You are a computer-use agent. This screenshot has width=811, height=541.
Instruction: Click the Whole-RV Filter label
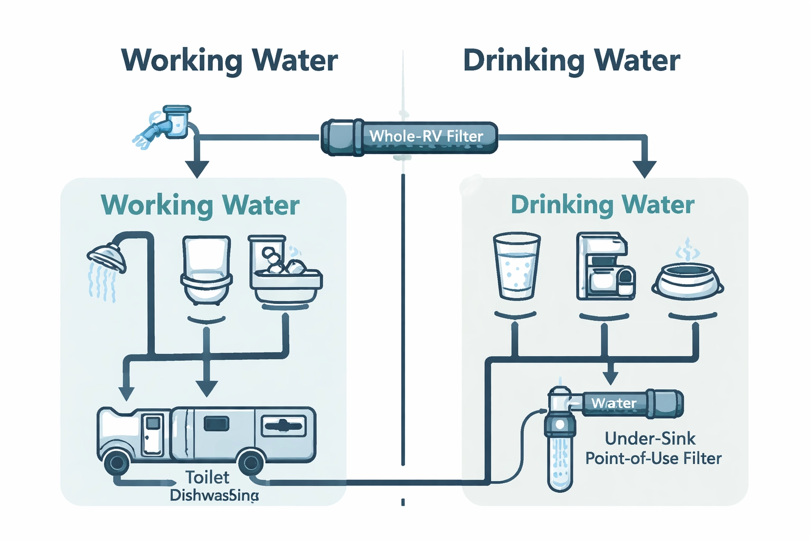[426, 136]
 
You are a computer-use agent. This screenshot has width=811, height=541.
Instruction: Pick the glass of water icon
[516, 267]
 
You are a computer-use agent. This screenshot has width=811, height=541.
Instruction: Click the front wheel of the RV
[117, 463]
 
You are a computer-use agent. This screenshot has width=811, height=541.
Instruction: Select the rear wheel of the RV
[251, 463]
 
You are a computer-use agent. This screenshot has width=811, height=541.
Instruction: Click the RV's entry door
[153, 434]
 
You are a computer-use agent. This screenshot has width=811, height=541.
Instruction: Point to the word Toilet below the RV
[208, 478]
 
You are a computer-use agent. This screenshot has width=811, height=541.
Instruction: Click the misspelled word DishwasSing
[214, 496]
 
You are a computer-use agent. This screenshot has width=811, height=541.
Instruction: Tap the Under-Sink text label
[650, 439]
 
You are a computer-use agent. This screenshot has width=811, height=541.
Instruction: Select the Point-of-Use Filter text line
[653, 458]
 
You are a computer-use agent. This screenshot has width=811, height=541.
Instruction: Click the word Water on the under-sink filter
[614, 404]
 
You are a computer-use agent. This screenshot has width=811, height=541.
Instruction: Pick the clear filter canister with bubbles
[560, 460]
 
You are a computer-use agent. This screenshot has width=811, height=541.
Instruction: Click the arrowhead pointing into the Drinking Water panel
[644, 169]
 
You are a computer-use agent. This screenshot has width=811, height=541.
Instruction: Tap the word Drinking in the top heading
[523, 61]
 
